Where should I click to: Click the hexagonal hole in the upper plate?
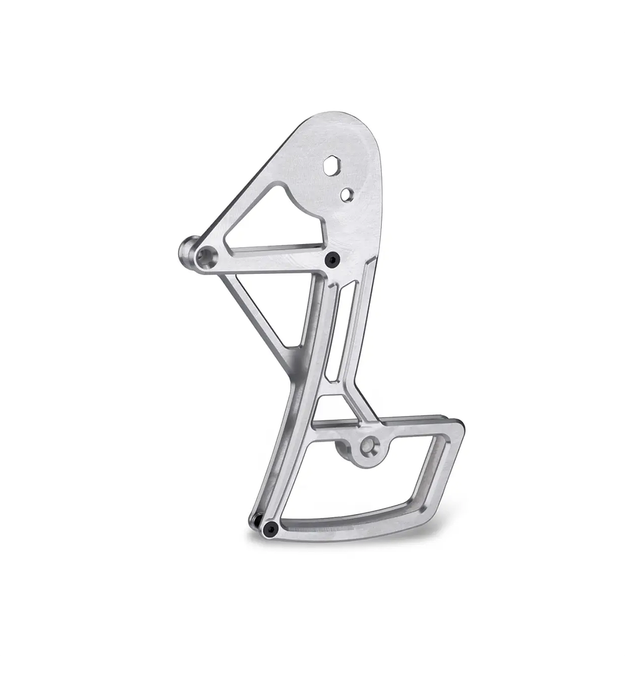(x=331, y=166)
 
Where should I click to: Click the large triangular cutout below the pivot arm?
(x=275, y=306)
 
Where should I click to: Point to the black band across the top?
(x=312, y=15)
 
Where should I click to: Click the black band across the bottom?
(x=312, y=672)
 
